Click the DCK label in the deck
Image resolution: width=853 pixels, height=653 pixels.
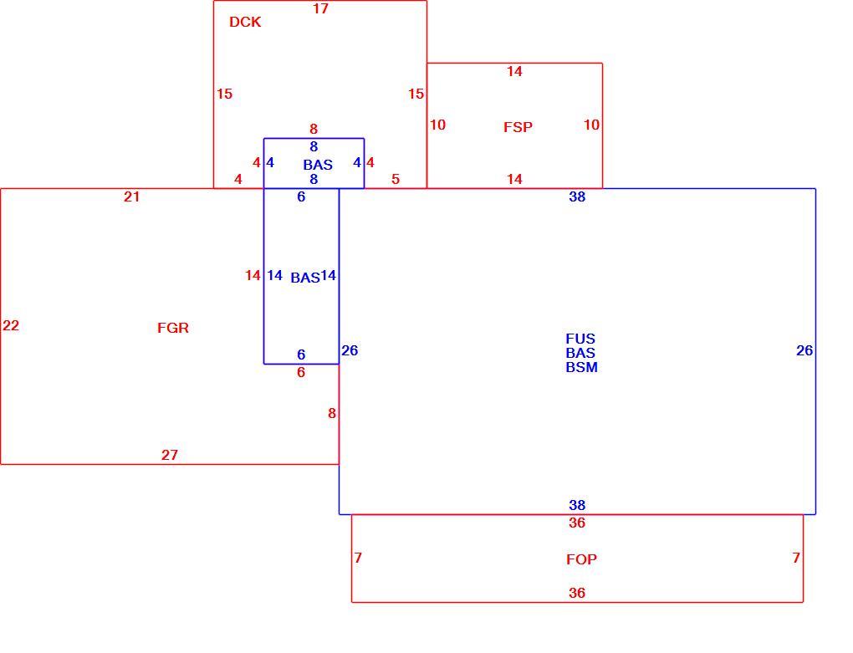245,22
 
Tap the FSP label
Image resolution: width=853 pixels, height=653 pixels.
518,127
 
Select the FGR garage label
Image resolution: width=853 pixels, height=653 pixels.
173,328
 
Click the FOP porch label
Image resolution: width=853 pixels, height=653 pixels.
581,559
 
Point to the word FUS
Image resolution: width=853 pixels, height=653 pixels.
580,339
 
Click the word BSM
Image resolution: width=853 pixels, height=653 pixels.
581,368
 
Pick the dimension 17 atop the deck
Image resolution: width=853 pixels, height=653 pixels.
320,8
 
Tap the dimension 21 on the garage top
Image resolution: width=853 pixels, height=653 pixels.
131,196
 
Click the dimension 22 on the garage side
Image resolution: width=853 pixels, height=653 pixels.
11,326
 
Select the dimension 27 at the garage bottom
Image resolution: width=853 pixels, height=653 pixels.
169,455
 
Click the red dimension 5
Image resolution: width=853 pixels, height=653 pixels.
396,180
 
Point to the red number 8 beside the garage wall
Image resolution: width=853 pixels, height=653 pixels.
332,414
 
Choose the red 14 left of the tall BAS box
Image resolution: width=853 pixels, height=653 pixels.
253,276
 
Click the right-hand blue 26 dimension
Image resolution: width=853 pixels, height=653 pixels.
804,350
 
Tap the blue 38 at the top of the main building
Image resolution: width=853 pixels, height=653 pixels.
577,196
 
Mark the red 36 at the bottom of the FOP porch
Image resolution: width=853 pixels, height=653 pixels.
577,593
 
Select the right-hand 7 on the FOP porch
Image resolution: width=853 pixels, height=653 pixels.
796,558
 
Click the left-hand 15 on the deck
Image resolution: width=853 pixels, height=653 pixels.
224,94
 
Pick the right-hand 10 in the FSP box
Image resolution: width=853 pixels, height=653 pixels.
591,125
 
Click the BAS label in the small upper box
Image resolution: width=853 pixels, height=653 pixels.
318,165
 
